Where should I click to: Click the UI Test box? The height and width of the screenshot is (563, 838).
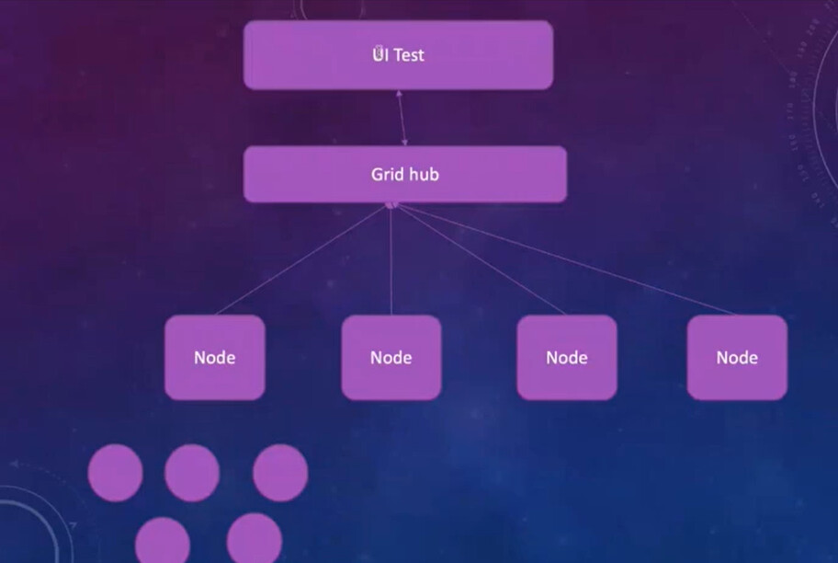coord(398,55)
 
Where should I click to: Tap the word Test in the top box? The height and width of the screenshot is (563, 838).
coord(410,55)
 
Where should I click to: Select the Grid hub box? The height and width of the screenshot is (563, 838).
coord(405,175)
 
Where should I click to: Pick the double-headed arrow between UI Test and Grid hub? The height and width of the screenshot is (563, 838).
coord(402,118)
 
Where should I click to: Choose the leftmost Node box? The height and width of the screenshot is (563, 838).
coord(215,358)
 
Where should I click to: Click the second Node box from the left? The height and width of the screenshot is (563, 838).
coord(391,358)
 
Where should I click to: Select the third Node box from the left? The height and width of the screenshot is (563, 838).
coord(567,358)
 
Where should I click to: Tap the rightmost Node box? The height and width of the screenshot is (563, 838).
coord(737,358)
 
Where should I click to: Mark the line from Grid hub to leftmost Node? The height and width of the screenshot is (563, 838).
coord(301,259)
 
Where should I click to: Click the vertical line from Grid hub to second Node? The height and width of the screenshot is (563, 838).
coord(391,259)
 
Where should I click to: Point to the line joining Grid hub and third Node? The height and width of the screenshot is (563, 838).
coord(480,259)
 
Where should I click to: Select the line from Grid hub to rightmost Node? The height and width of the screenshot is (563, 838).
coord(565,259)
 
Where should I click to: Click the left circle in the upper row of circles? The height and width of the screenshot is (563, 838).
coord(116,473)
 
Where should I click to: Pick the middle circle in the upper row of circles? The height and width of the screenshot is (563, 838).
coord(192,473)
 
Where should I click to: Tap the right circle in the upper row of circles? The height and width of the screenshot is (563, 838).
coord(280,473)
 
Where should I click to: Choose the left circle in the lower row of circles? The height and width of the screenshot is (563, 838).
coord(163,541)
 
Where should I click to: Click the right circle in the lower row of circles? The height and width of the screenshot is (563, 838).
coord(255,538)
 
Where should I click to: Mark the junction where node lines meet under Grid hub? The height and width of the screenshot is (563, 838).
coord(391,205)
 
